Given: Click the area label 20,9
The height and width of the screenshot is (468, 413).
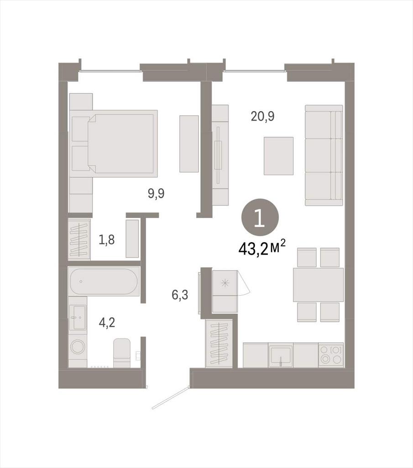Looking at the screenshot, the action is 262,117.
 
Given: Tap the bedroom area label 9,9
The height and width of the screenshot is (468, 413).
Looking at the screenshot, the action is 156,194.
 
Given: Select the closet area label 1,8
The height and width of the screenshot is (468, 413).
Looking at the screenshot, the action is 107,239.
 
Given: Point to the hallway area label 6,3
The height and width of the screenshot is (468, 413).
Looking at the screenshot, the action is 180,295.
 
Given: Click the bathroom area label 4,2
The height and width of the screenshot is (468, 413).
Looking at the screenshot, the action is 107,323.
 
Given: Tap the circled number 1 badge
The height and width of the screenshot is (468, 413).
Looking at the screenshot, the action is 260,218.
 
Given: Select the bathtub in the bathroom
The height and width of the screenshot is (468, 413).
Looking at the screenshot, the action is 104,282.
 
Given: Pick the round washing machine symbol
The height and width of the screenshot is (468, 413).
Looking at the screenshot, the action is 78,347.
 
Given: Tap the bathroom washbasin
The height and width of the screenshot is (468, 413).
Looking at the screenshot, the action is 78,318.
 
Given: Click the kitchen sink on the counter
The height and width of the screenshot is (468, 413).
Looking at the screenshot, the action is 280,355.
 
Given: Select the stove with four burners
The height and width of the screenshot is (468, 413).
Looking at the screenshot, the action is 331,355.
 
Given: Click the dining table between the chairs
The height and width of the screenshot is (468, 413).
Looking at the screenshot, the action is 318,285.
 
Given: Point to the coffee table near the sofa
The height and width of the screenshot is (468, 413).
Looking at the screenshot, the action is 278,156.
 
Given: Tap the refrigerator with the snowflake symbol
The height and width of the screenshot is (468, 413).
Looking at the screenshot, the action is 225,291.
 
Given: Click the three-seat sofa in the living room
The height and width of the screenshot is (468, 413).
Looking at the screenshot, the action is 324,155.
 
